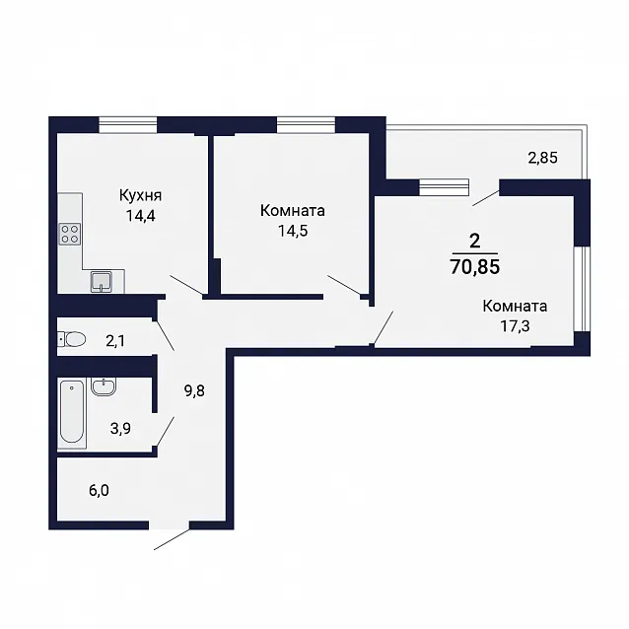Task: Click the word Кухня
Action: [x=140, y=196]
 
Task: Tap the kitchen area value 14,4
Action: [x=140, y=216]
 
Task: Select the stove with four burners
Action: [x=70, y=234]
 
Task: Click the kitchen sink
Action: [x=102, y=282]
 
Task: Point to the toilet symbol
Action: [x=72, y=340]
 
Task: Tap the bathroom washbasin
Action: [x=104, y=386]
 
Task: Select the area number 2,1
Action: [x=115, y=341]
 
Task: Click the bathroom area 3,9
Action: [x=120, y=429]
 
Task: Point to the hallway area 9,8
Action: [x=194, y=390]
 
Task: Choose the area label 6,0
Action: [x=99, y=490]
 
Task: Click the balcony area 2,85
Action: [x=543, y=158]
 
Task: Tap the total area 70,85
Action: [x=475, y=266]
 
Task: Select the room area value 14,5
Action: [x=293, y=231]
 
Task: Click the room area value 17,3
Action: [x=515, y=326]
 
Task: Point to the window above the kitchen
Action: [x=128, y=124]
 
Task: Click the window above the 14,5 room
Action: [x=306, y=124]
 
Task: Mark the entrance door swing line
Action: [x=172, y=539]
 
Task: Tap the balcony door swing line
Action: [x=486, y=198]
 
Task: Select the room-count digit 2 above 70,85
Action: [x=474, y=242]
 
